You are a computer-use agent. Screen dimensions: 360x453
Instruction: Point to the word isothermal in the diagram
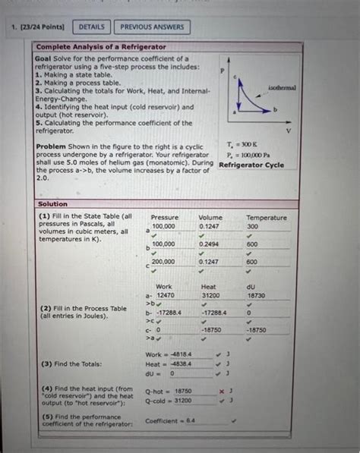(x=282, y=87)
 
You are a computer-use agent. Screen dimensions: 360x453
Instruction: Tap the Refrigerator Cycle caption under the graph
(x=251, y=165)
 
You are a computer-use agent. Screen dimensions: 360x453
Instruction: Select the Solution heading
(x=52, y=204)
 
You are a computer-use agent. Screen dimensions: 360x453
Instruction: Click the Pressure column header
(x=165, y=218)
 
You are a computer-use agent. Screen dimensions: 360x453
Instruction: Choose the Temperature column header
(x=267, y=218)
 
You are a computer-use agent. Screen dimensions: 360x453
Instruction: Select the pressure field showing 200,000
(x=163, y=262)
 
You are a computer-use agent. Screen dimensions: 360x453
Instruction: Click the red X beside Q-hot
(x=220, y=392)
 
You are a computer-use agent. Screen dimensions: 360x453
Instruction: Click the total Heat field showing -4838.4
(x=182, y=363)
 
